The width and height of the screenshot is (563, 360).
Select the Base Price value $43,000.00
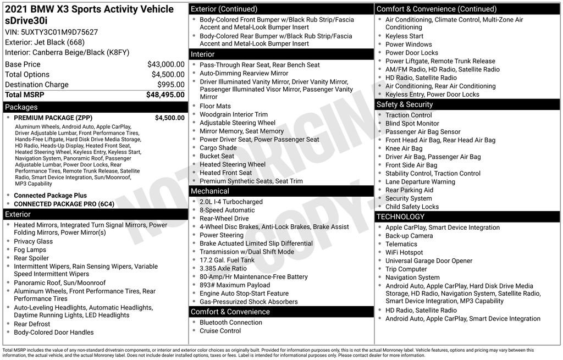[165, 64]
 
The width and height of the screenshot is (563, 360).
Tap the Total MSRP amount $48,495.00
[165, 95]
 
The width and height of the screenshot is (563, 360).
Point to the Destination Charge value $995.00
[172, 85]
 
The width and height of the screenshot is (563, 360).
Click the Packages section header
[21, 107]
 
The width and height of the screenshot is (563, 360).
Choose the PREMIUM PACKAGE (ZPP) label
[53, 118]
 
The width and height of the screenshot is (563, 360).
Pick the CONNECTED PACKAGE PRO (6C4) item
[64, 204]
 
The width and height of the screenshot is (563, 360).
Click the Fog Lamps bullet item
[30, 250]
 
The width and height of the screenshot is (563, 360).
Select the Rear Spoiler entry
[31, 258]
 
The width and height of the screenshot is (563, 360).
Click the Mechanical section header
[210, 191]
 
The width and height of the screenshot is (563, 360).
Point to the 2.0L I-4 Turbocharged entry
[231, 202]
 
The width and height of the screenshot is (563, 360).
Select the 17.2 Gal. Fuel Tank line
[227, 260]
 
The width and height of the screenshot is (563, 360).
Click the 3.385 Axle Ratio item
[223, 268]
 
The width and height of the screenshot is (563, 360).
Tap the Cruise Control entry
[220, 331]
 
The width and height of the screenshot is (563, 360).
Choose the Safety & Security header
[405, 104]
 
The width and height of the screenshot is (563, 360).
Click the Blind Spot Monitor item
[412, 124]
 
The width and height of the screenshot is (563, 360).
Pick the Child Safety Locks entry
[412, 207]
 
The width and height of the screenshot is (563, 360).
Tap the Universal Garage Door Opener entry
[429, 261]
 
